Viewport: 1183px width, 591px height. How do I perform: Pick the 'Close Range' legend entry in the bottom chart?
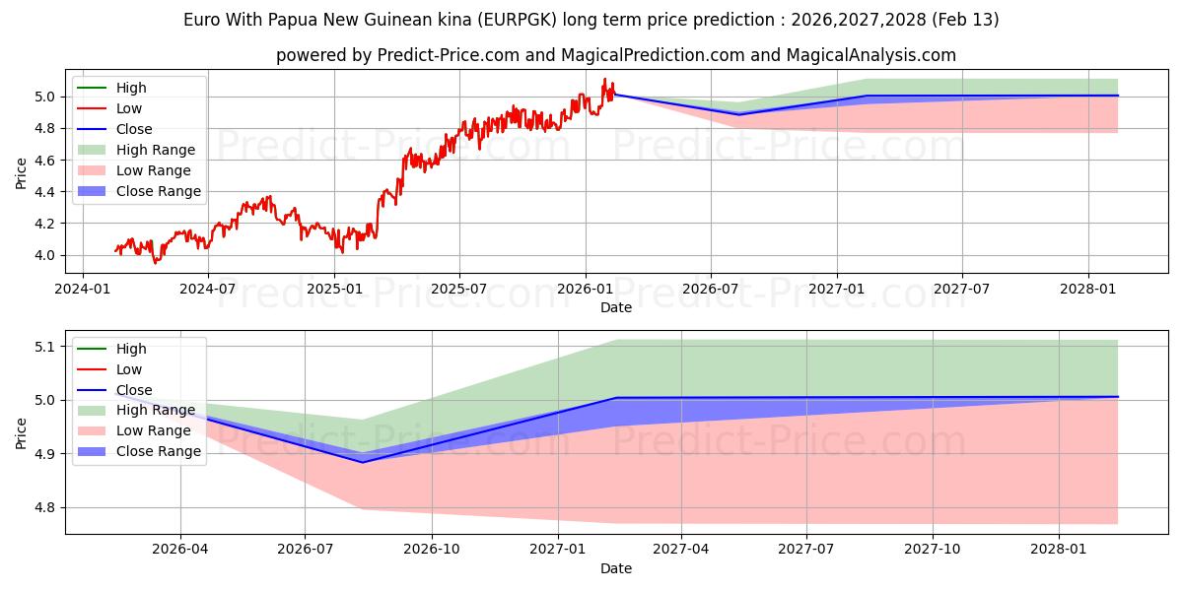point(158,451)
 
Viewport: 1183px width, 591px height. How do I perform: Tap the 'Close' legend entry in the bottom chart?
point(134,390)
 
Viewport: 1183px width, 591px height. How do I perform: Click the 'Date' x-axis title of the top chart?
point(616,307)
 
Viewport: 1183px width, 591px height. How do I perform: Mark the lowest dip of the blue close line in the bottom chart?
point(363,462)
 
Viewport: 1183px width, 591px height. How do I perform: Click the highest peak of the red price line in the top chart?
point(604,79)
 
